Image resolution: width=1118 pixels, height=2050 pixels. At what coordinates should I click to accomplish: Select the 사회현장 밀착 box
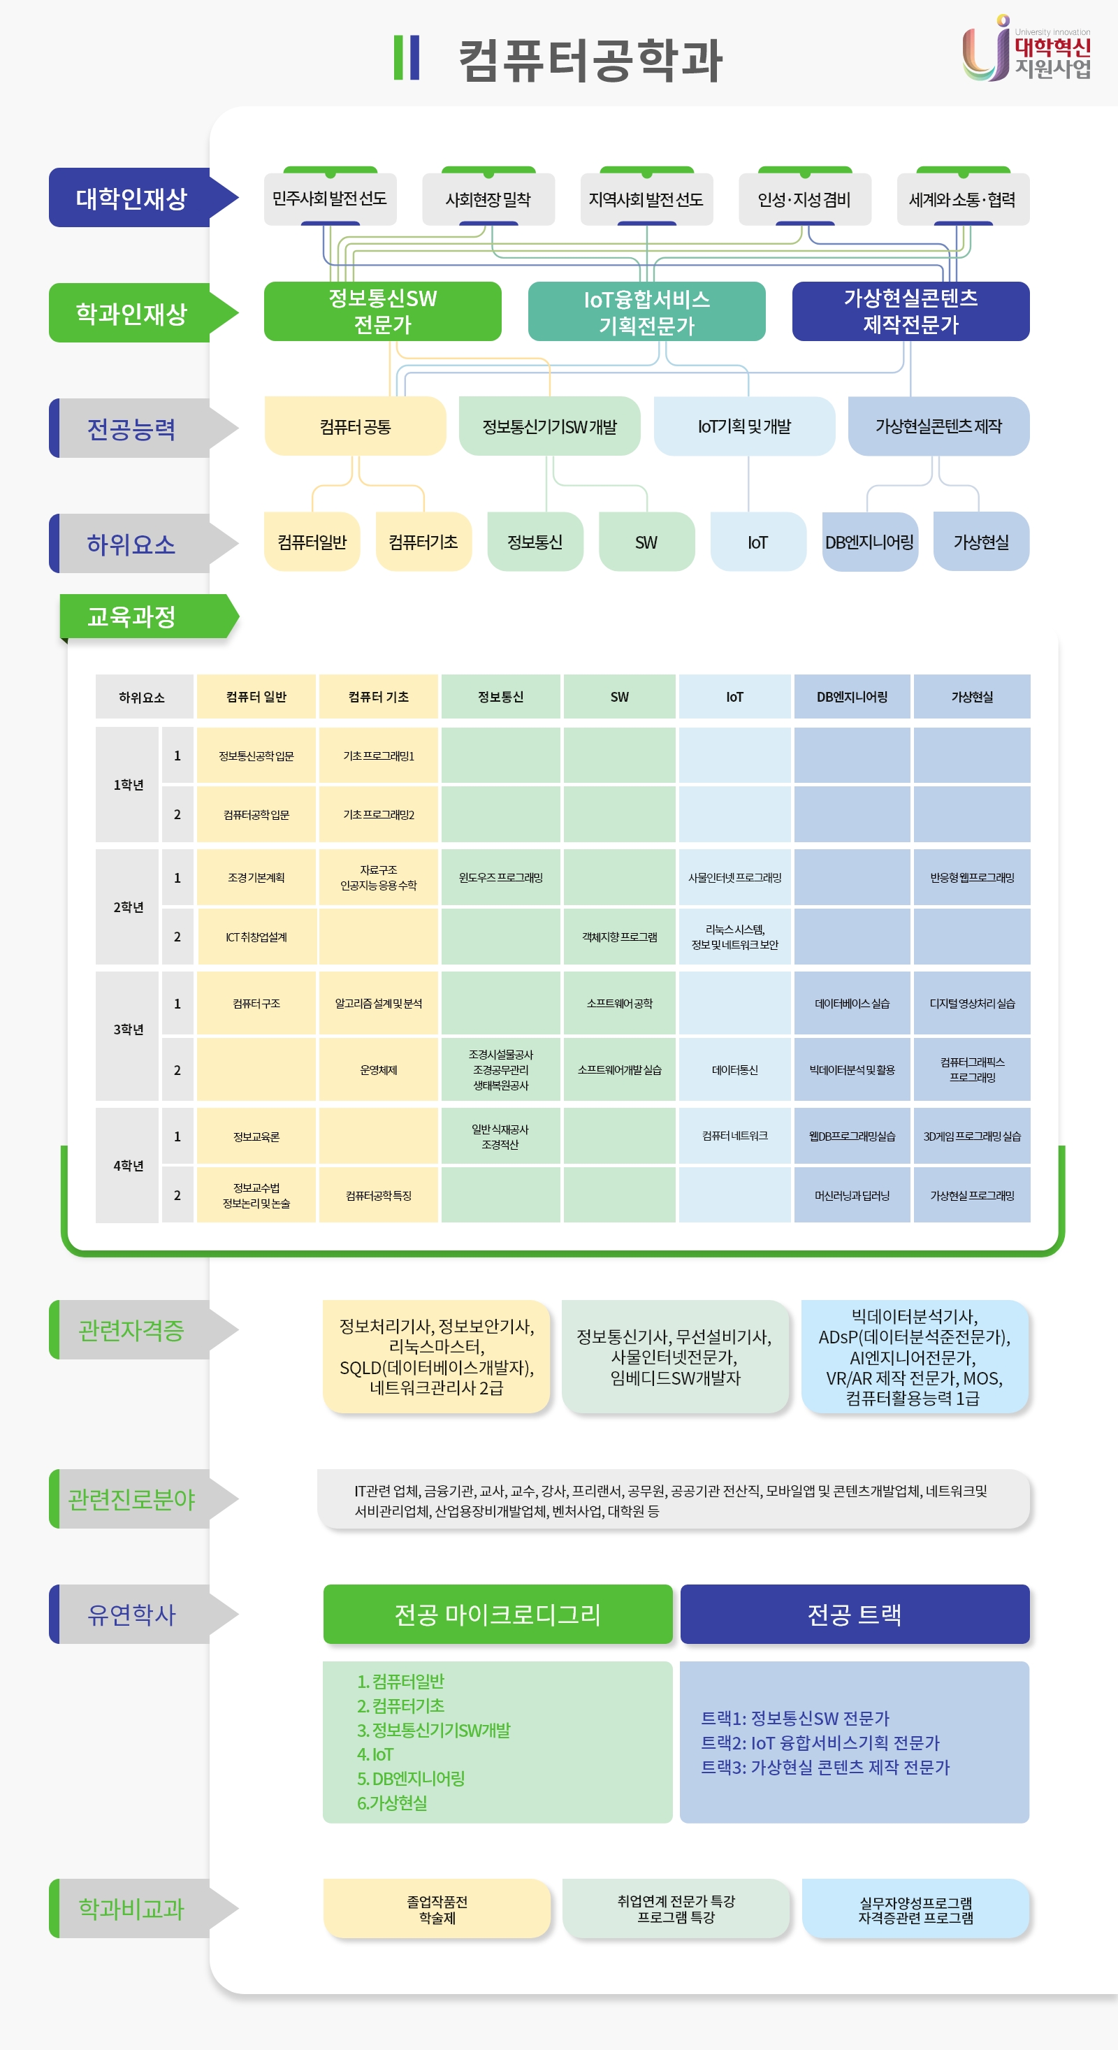pyautogui.click(x=488, y=199)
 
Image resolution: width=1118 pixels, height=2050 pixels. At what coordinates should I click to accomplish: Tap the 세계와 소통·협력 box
pyautogui.click(x=962, y=199)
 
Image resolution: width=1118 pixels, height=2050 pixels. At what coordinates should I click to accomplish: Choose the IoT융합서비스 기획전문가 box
pyautogui.click(x=646, y=312)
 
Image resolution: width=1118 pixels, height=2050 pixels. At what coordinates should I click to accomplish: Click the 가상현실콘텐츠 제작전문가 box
pyautogui.click(x=910, y=311)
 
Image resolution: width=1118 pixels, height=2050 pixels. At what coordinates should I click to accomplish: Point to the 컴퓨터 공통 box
pyautogui.click(x=355, y=426)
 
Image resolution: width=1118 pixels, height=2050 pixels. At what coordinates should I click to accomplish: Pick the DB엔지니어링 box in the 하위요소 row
pyautogui.click(x=869, y=542)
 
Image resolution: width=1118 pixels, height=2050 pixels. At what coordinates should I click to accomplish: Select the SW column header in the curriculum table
pyautogui.click(x=619, y=697)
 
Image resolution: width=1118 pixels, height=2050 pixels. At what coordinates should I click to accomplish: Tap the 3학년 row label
pyautogui.click(x=128, y=1029)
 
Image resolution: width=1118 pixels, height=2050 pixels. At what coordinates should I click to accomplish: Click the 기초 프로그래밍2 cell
pyautogui.click(x=378, y=814)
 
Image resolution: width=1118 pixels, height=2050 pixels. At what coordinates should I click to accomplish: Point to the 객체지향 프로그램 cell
pyautogui.click(x=619, y=937)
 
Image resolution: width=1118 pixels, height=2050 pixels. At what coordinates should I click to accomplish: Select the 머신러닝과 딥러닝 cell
pyautogui.click(x=852, y=1195)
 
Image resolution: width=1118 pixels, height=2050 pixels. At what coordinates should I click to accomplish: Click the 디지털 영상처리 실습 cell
pyautogui.click(x=971, y=1004)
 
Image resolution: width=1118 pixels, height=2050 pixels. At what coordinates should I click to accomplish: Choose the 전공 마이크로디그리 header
pyautogui.click(x=498, y=1614)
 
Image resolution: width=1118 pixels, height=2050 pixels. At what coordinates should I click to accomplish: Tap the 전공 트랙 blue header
pyautogui.click(x=854, y=1614)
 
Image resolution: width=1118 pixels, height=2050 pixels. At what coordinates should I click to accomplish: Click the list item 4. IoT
pyautogui.click(x=376, y=1754)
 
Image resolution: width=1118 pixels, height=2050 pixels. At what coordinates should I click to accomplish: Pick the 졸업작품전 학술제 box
pyautogui.click(x=437, y=1909)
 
